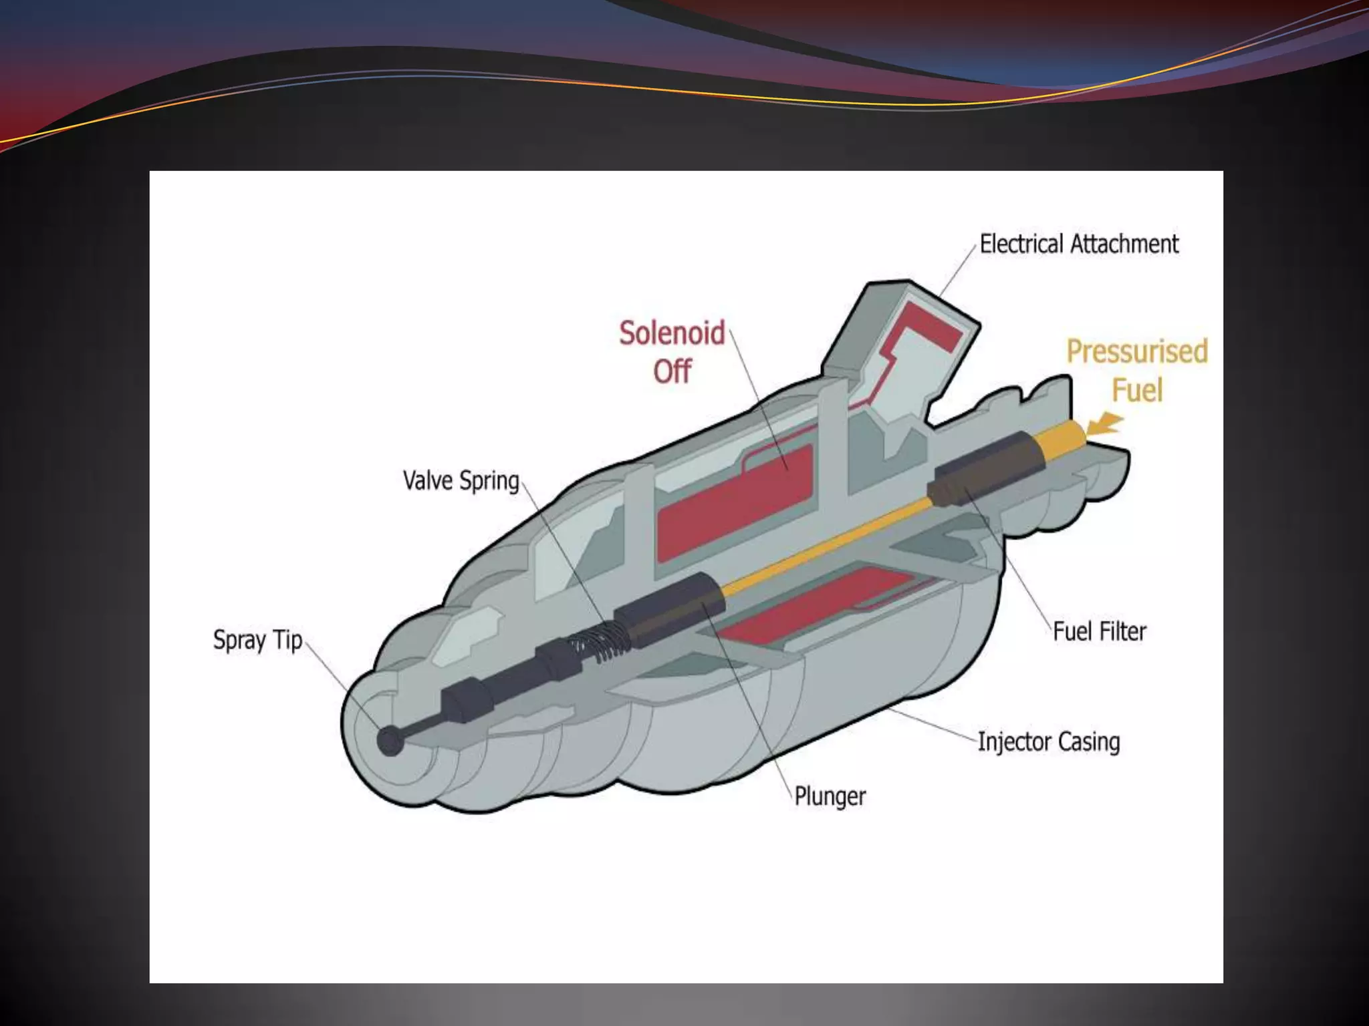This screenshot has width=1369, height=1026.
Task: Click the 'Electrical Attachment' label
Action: point(1079,244)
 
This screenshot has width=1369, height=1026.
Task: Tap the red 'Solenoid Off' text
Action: point(672,351)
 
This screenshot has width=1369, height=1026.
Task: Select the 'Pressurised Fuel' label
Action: point(1137,370)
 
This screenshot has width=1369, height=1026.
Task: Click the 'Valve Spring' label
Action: point(461,481)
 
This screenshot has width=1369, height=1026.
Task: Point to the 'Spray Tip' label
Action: point(257,641)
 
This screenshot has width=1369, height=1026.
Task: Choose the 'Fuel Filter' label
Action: point(1100,631)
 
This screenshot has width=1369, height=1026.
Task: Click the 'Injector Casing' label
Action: point(1049,742)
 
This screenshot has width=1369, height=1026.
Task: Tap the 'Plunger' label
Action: point(830,796)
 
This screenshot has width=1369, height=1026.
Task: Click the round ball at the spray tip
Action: point(390,741)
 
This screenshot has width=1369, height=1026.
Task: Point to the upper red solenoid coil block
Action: point(735,501)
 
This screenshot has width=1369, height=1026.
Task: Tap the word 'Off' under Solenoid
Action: point(672,371)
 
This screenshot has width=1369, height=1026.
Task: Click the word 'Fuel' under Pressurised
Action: point(1137,389)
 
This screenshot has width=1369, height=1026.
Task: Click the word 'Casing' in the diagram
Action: point(1089,742)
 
